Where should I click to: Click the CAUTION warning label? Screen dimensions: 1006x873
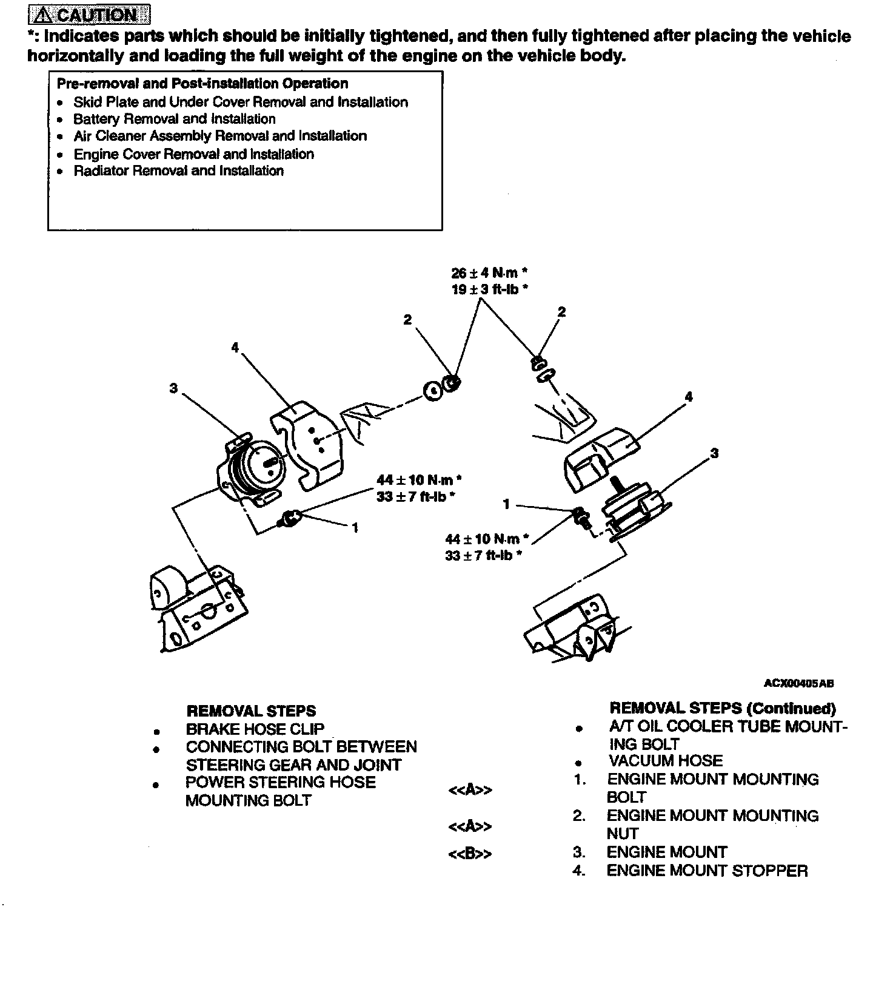click(x=89, y=14)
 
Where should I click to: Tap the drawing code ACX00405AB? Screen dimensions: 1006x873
click(x=798, y=683)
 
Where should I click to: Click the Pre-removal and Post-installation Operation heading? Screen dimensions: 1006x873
click(x=202, y=84)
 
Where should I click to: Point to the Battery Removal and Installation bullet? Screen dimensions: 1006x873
click(x=175, y=119)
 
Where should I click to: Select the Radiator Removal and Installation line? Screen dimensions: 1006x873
click(x=178, y=171)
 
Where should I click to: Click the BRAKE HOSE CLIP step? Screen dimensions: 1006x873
click(x=255, y=729)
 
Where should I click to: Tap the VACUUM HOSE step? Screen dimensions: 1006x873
click(x=666, y=761)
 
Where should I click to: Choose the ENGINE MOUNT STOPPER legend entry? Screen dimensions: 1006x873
click(x=707, y=871)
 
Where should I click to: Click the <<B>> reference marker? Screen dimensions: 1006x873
click(x=470, y=854)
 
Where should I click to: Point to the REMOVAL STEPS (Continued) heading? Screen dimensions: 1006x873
click(x=723, y=708)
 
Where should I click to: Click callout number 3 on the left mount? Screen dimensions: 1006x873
click(x=174, y=388)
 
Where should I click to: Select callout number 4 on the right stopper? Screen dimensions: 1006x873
click(x=688, y=397)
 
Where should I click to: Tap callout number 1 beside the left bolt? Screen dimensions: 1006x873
click(x=355, y=528)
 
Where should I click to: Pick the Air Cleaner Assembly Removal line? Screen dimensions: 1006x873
click(x=220, y=136)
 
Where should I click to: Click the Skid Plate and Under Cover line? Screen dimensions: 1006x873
click(x=241, y=102)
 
